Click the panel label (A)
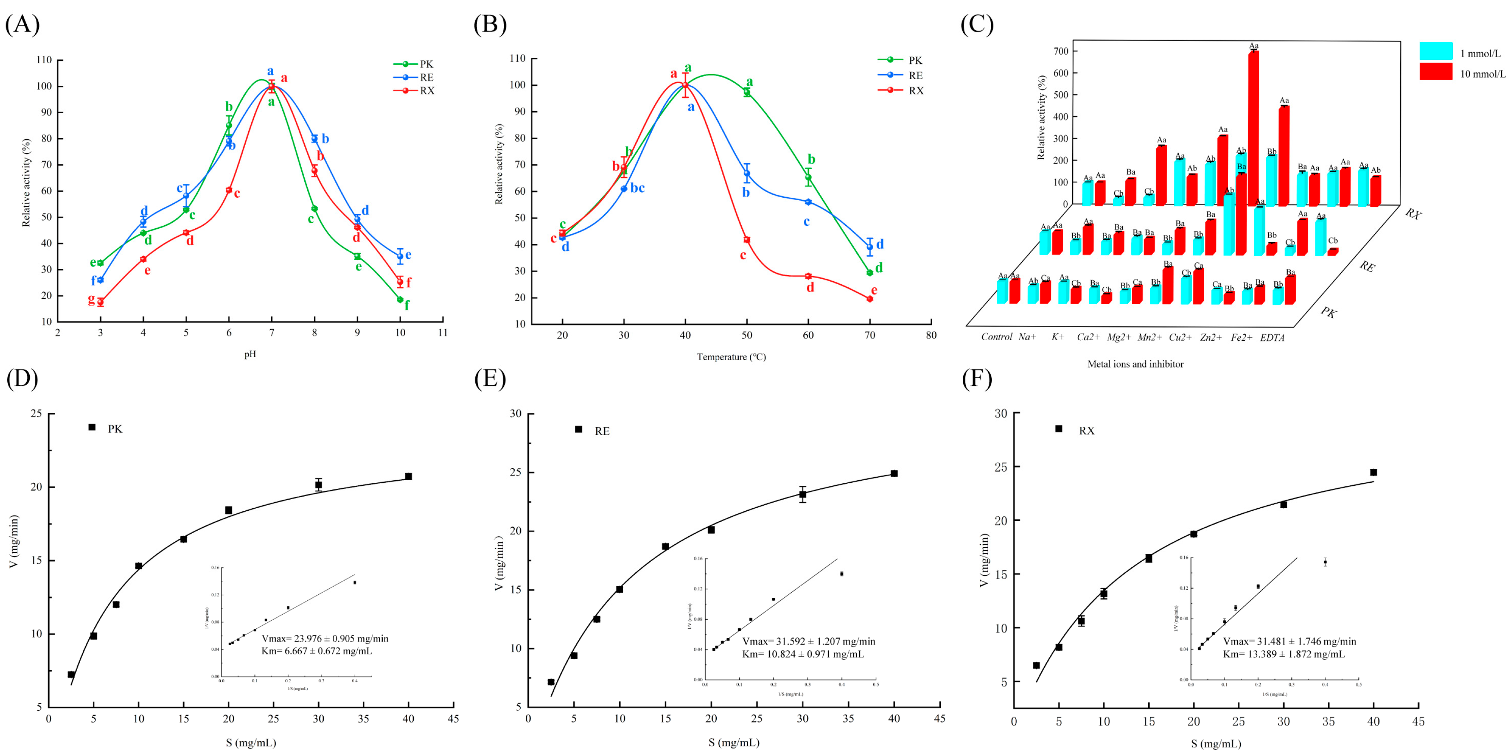22,25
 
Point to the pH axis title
250,354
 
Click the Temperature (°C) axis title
731,357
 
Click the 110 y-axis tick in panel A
44,60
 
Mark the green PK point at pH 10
400,299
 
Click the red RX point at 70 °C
869,299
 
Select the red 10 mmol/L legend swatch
1435,71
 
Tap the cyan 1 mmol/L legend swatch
1435,51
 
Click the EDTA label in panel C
1272,338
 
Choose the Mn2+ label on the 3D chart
1149,337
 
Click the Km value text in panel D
316,651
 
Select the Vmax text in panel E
808,641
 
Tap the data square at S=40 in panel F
1373,472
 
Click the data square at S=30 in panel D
318,485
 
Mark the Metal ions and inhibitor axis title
1135,364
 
